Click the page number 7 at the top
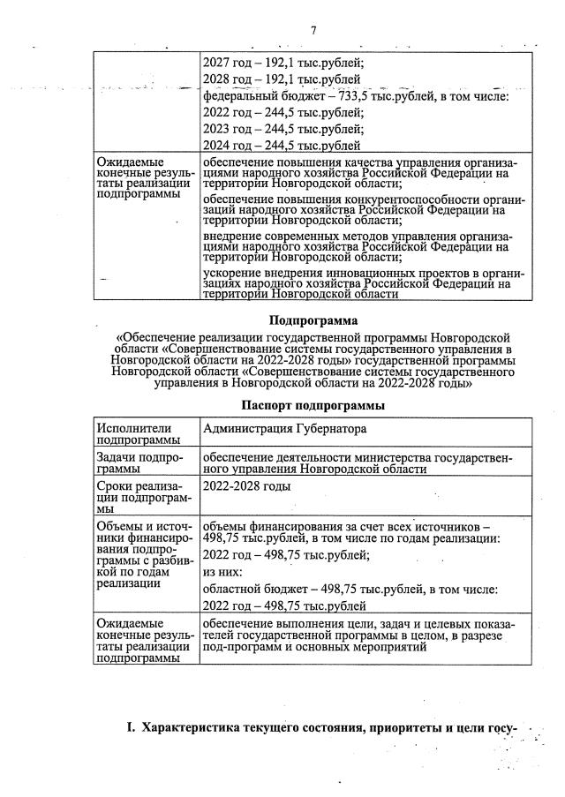(x=313, y=32)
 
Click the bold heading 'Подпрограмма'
(x=313, y=320)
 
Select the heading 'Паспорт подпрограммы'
(x=313, y=405)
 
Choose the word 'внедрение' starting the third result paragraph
(x=234, y=238)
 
